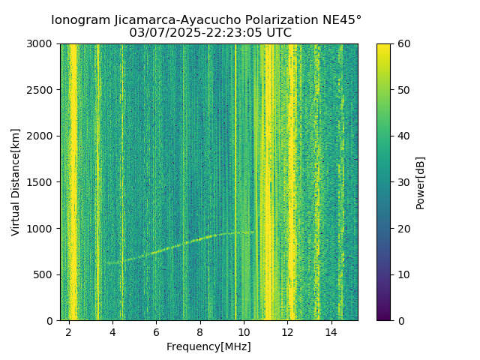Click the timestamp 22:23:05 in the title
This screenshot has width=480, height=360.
tap(237, 33)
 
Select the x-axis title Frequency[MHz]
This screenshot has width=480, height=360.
tap(208, 346)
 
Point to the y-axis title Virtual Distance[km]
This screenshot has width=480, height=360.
tap(16, 181)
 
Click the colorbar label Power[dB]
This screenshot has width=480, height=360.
tap(421, 181)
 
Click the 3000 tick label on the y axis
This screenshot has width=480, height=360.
tap(41, 43)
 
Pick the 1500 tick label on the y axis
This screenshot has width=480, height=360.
tap(41, 182)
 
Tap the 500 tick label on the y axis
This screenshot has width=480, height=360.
tap(44, 274)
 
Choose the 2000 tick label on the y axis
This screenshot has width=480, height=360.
tap(41, 136)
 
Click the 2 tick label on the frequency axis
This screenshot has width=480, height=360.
tap(69, 332)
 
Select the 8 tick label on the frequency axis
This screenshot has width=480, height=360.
tap(200, 332)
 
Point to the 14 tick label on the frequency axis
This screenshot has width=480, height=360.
tap(331, 332)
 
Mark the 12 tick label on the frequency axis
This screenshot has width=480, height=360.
tap(288, 332)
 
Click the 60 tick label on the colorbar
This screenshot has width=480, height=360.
tap(403, 43)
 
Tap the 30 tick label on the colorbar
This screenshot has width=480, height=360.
tap(403, 182)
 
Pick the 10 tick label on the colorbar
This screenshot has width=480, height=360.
tap(403, 274)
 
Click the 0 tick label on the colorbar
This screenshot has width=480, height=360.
tap(400, 320)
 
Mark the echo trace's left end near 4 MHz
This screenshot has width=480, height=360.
tap(106, 262)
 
